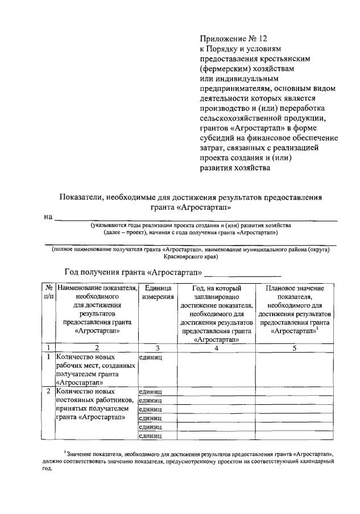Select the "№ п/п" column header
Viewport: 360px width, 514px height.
tap(48, 293)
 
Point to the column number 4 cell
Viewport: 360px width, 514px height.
tap(216, 348)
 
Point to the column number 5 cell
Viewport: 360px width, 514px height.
tap(293, 348)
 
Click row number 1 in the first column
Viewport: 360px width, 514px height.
tap(48, 357)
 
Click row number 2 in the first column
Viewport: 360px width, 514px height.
tap(48, 391)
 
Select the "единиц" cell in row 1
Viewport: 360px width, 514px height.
tap(151, 357)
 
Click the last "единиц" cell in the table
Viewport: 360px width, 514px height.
tap(151, 436)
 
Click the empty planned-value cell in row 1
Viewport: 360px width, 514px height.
tap(293, 369)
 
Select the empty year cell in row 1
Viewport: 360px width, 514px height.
tap(216, 369)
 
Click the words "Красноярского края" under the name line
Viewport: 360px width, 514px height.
tap(188, 256)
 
